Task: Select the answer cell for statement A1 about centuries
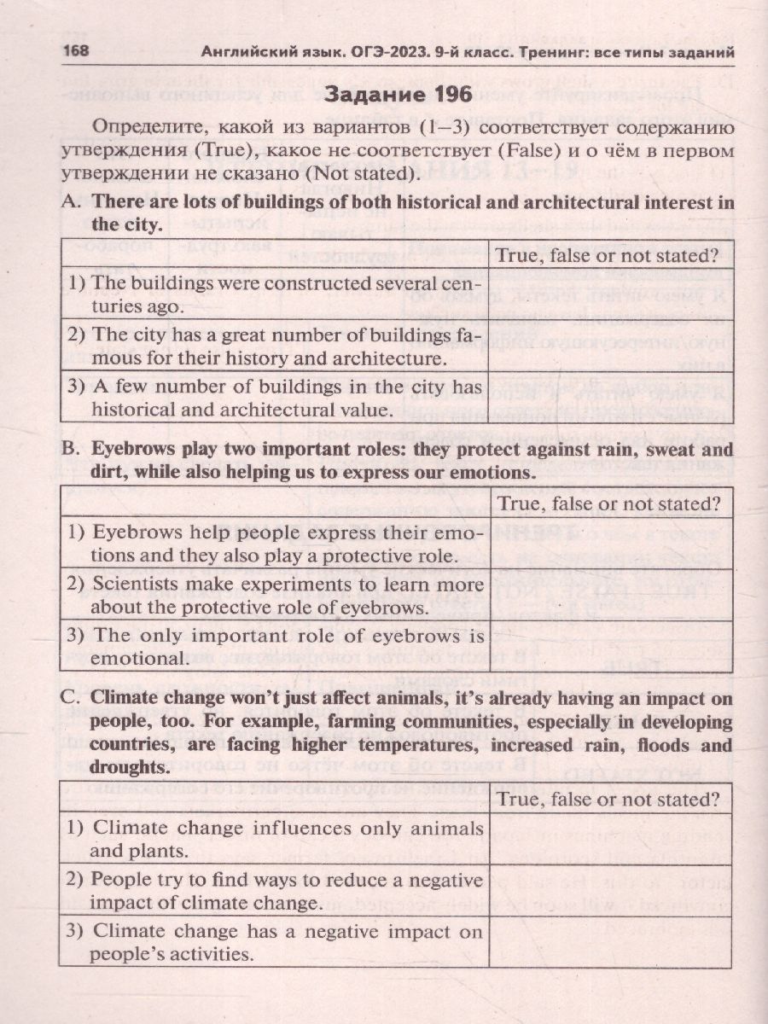point(609,293)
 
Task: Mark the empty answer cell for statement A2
point(609,345)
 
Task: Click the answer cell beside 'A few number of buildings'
point(609,398)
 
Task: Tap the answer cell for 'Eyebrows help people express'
point(609,543)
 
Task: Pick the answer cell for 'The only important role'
point(609,647)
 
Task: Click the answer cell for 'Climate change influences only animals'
point(609,839)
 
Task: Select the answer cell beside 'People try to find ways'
point(609,890)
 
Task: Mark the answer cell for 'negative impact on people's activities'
point(609,942)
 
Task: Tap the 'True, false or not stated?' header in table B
point(609,503)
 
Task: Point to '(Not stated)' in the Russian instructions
point(364,173)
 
